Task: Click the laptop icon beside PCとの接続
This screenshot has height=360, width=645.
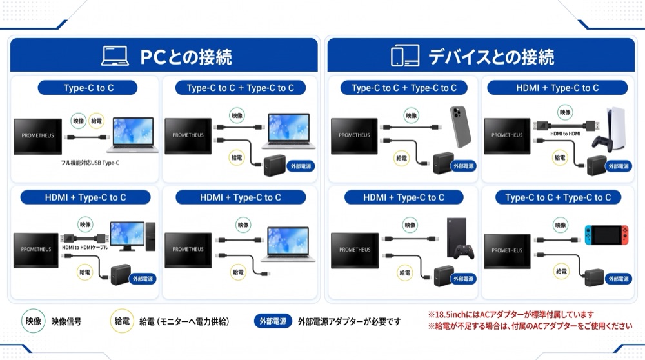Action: coord(115,56)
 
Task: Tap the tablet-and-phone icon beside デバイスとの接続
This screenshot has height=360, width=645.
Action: coord(405,55)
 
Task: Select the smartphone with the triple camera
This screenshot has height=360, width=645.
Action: coord(461,126)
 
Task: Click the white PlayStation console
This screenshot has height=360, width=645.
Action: coord(615,128)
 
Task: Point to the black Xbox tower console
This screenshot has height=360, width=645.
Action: coord(457,237)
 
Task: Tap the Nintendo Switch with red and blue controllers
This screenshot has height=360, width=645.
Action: coord(607,235)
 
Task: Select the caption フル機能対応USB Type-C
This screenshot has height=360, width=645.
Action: coord(90,163)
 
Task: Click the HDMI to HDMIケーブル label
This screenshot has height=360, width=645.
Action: coord(84,248)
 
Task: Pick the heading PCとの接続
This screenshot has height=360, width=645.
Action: coord(186,57)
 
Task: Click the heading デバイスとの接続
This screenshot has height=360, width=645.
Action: coord(491,57)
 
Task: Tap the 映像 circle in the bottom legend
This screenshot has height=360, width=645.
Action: coord(34,321)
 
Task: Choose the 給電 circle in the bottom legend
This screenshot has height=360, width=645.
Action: coord(122,321)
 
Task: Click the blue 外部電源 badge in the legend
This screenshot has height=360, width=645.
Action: coord(273,321)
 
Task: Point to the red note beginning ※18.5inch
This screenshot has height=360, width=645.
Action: coord(510,315)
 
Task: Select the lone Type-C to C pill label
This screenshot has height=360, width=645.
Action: coord(88,88)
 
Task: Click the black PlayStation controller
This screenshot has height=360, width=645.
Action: coord(601,143)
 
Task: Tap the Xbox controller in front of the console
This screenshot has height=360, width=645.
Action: coord(464,252)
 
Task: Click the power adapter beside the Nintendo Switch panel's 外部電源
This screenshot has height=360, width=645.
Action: coord(593,277)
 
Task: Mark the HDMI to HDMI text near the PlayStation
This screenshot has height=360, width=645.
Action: coord(565,134)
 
